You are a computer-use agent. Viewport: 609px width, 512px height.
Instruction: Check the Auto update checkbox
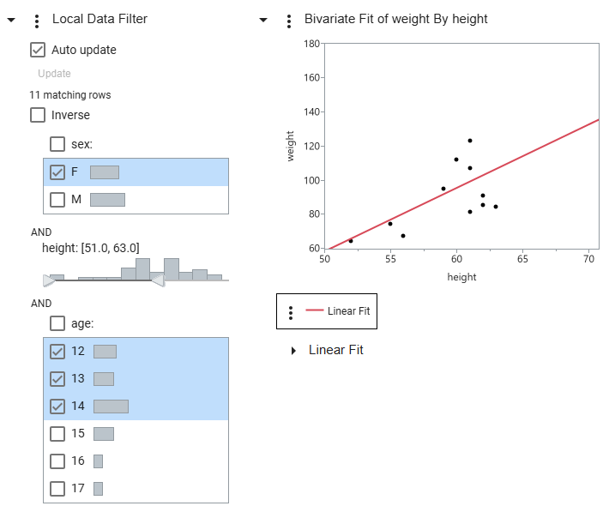click(38, 50)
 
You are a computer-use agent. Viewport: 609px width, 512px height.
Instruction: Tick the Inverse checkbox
click(38, 115)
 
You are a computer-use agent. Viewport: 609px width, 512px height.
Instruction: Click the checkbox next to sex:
click(57, 144)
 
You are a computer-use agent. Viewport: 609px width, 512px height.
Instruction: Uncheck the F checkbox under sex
click(57, 172)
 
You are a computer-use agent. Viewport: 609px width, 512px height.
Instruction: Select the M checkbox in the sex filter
click(57, 200)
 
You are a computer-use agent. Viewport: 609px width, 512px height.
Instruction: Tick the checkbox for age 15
click(57, 434)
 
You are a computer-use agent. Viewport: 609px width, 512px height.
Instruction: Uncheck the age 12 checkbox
click(57, 351)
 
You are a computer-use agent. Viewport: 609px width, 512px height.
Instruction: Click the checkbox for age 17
click(57, 489)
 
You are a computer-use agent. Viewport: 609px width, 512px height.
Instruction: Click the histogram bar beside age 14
click(111, 407)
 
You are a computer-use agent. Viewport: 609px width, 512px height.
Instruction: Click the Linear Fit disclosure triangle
click(294, 351)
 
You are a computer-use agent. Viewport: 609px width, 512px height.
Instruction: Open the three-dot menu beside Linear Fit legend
click(291, 312)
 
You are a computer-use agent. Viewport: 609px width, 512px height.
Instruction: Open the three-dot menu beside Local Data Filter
click(36, 20)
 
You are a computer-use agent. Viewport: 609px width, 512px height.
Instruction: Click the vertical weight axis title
click(291, 146)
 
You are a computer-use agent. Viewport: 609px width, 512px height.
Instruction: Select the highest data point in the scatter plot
click(470, 141)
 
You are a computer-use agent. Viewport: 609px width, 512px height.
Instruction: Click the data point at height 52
click(351, 241)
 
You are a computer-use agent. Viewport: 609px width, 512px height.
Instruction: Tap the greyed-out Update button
click(54, 74)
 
